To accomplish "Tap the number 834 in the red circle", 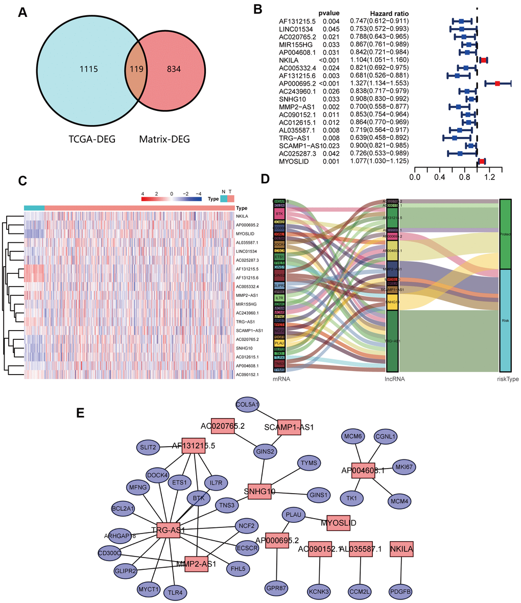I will [174, 68].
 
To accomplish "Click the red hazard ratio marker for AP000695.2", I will [497, 83].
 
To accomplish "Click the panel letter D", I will [265, 179].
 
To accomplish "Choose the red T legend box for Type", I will [230, 198].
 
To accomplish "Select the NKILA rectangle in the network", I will [401, 549].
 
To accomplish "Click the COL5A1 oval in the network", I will [247, 404].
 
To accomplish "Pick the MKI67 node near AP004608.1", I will [404, 466].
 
